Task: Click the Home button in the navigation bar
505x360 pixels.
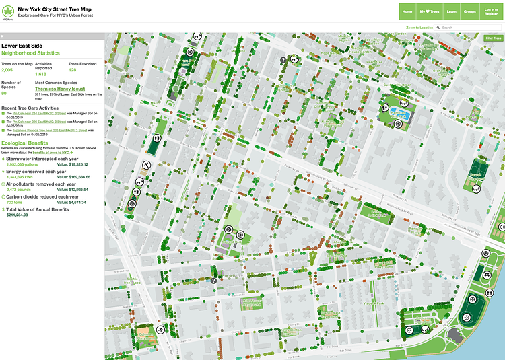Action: (x=407, y=11)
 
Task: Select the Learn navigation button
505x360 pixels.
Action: (x=451, y=11)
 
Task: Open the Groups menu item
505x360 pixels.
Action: (x=469, y=11)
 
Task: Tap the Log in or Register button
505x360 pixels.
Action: (x=491, y=11)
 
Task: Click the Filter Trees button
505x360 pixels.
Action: (x=493, y=38)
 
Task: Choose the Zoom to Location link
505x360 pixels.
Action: (x=419, y=28)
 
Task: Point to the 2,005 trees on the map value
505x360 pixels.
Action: (x=7, y=69)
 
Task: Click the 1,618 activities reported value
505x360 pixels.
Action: (x=41, y=73)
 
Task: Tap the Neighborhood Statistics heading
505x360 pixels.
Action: (x=30, y=52)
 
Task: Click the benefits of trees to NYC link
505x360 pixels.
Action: (x=55, y=153)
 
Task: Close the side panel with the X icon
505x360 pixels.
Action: (x=2, y=36)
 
